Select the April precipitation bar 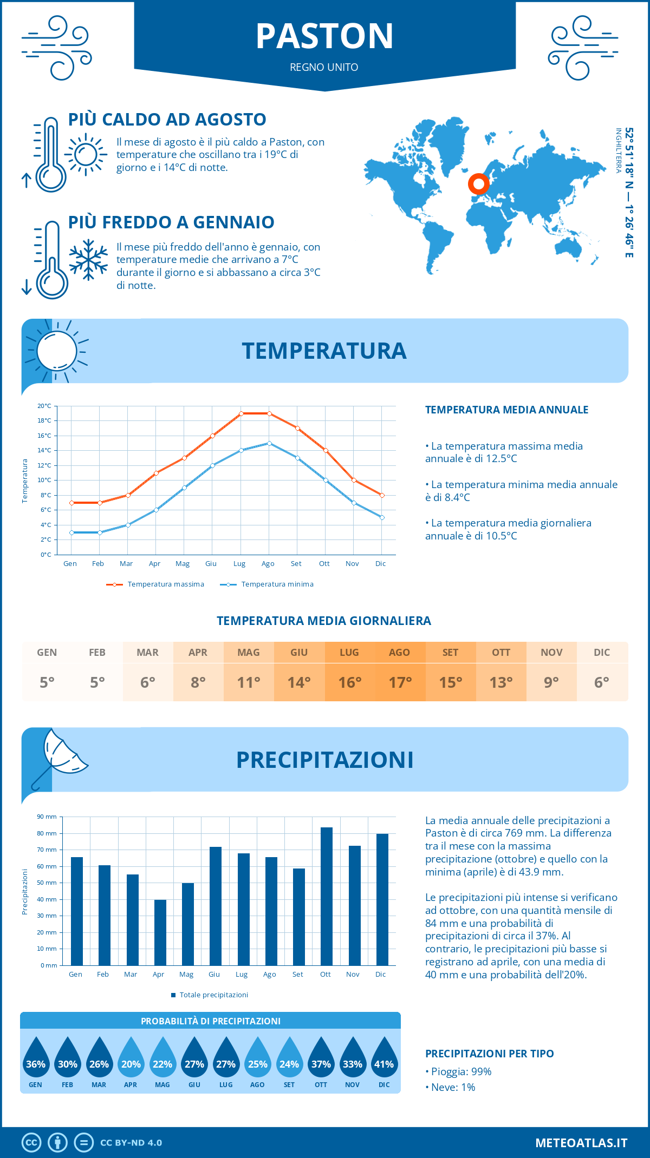pos(160,932)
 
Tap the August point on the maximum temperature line pos(269,413)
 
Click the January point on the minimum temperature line pos(71,532)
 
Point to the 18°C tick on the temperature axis pos(45,420)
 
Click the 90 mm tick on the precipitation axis pos(47,817)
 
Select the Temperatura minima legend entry pos(267,584)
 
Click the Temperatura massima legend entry pos(155,584)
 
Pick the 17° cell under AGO pos(400,682)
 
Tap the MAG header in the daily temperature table pos(249,653)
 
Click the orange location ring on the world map pos(479,184)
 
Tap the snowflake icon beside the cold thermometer pos(88,260)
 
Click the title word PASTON pos(324,36)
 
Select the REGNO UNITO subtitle pos(324,67)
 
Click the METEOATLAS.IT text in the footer pos(581,1143)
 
